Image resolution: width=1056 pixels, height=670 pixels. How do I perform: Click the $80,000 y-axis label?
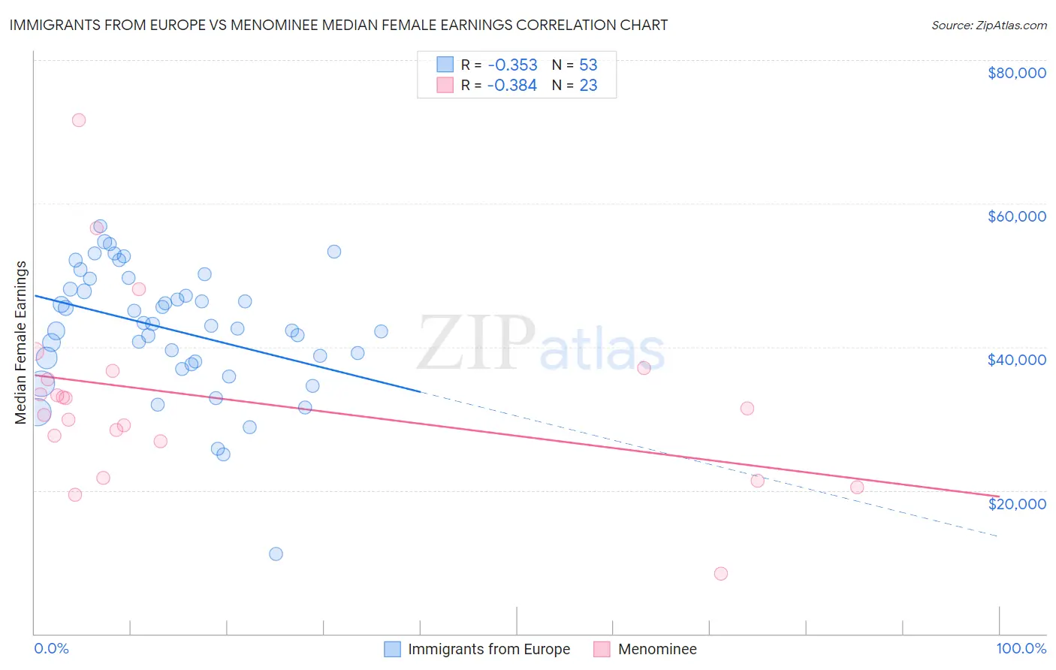[1016, 73]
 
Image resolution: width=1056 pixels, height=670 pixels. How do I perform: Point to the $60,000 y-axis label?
[1016, 216]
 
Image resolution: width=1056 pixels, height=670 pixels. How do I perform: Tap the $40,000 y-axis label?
[1016, 360]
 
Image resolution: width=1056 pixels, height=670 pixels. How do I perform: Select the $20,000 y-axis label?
[1016, 504]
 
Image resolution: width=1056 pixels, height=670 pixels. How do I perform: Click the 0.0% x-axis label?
[51, 648]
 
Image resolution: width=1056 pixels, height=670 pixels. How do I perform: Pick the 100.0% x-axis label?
[1021, 648]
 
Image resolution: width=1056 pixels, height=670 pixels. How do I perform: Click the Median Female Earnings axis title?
[21, 343]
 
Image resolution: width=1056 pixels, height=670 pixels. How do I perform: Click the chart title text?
[339, 25]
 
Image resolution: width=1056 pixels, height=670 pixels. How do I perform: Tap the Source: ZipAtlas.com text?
[988, 25]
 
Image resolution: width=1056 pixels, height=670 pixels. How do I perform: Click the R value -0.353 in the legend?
[512, 65]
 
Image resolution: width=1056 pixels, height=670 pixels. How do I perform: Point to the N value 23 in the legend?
[588, 86]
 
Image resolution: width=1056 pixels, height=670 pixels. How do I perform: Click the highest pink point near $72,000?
[79, 120]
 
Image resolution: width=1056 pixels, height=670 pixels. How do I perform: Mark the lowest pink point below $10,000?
[721, 574]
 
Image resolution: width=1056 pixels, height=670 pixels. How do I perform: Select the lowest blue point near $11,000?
[276, 554]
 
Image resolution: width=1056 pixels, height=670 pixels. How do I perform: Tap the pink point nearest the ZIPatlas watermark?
[644, 368]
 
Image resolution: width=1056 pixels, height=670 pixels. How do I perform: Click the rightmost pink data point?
[857, 487]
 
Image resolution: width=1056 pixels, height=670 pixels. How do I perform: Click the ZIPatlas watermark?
[541, 343]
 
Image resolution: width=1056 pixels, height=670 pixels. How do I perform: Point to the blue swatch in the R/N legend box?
[445, 65]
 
